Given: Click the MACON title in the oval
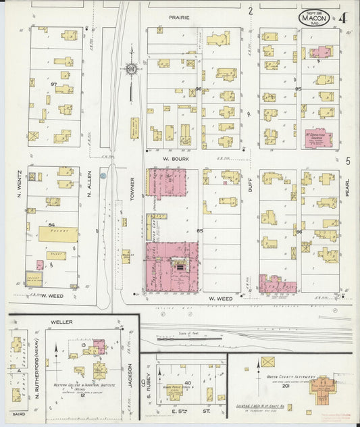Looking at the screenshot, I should (x=314, y=19).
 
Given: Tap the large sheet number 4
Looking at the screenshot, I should (x=344, y=18).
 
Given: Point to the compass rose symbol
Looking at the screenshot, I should (x=130, y=68).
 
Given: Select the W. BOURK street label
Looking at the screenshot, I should (x=174, y=160).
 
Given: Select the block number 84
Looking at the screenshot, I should (x=51, y=224).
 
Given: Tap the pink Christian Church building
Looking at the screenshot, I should (x=317, y=137).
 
